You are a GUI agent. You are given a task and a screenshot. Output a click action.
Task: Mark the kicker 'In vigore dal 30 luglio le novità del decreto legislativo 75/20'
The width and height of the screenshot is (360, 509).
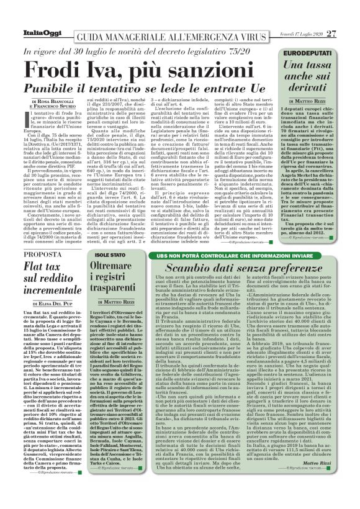tap(142, 51)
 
